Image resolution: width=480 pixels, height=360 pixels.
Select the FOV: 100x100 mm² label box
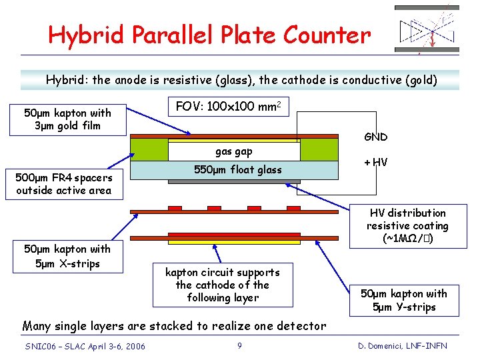(x=227, y=106)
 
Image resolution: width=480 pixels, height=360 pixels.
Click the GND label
(x=376, y=137)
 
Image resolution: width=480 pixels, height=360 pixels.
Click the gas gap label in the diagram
(x=233, y=152)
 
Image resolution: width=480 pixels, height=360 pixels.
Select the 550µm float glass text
(x=238, y=170)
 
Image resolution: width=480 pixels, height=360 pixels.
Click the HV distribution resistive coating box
(x=407, y=226)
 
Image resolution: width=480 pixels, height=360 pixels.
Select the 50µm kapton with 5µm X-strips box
(x=67, y=256)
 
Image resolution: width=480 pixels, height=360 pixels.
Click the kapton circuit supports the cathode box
(x=222, y=285)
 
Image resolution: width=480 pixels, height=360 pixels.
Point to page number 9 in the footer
(x=239, y=345)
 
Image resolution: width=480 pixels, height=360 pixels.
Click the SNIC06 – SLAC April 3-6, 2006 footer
(x=85, y=345)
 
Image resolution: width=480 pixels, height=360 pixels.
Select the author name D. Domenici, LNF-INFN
(x=402, y=345)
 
